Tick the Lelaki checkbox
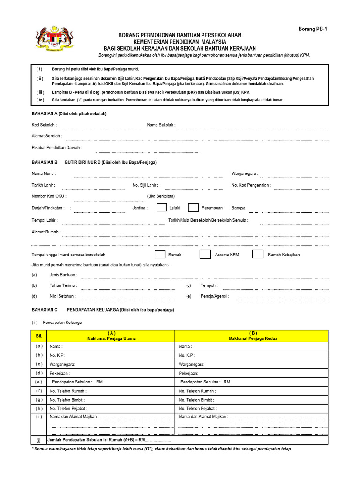[x=161, y=208]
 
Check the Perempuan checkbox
[x=193, y=208]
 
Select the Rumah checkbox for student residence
[x=160, y=255]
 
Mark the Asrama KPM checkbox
[x=205, y=255]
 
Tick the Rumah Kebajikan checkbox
[x=257, y=255]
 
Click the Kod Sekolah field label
[x=44, y=125]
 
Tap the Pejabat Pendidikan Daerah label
[x=57, y=148]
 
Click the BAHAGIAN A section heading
[x=69, y=113]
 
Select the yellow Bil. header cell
[x=39, y=336]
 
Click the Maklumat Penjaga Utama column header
[x=111, y=336]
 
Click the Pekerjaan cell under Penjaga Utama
[x=111, y=373]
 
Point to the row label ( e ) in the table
[x=39, y=382]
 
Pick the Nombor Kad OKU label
[x=49, y=196]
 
